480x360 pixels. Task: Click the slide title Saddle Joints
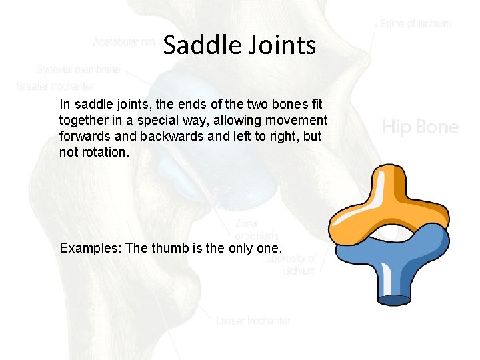pyautogui.click(x=239, y=45)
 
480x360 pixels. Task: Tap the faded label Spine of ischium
pyautogui.click(x=415, y=23)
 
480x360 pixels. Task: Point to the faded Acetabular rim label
pyautogui.click(x=125, y=42)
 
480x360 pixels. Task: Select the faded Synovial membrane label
pyautogui.click(x=79, y=69)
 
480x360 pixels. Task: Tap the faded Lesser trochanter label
pyautogui.click(x=253, y=321)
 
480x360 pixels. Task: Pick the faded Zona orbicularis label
pyautogui.click(x=256, y=229)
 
